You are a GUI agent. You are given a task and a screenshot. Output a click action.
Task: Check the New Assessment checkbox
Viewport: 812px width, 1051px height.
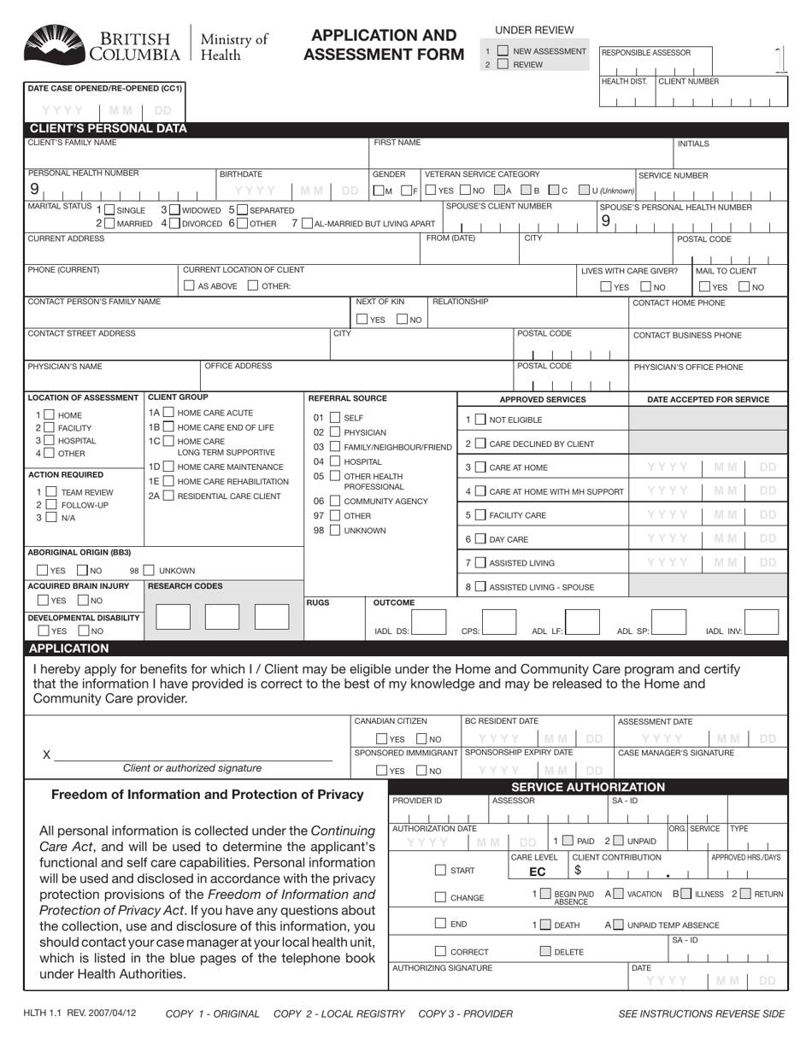[503, 51]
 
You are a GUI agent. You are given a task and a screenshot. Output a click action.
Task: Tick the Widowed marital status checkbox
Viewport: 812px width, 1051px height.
[174, 210]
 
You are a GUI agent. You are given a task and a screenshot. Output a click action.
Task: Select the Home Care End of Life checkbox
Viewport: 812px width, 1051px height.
[168, 427]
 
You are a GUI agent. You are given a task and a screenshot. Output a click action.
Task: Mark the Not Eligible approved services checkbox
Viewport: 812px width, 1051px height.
[480, 420]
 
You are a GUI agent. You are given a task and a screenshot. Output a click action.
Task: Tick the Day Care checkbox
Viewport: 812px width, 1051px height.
[480, 539]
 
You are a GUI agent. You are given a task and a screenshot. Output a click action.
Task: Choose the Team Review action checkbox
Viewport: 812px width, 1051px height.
[51, 492]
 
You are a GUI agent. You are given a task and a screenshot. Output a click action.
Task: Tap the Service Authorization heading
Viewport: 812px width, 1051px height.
[587, 787]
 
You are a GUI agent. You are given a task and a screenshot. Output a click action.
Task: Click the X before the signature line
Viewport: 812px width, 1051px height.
[47, 754]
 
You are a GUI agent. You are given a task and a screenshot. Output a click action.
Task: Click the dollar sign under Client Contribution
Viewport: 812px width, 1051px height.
[578, 871]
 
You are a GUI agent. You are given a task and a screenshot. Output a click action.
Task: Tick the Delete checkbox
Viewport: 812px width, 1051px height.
[545, 951]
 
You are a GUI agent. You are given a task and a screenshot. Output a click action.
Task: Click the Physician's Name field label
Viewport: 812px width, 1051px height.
[65, 367]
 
